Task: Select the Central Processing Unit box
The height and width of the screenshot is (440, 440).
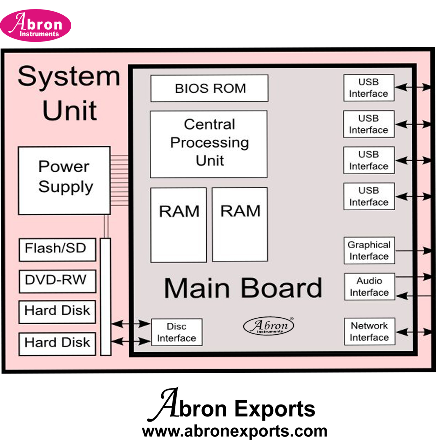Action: click(x=209, y=144)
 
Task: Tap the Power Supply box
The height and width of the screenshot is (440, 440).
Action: click(x=64, y=180)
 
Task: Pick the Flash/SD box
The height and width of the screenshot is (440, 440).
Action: click(x=57, y=249)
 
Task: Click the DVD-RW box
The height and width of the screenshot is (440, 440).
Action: click(x=57, y=281)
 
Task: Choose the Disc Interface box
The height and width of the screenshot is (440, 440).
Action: click(x=177, y=332)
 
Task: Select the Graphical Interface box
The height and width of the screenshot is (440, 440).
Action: click(x=369, y=251)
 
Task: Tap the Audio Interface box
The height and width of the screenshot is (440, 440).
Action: click(x=369, y=287)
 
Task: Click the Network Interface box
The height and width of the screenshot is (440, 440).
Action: click(x=369, y=332)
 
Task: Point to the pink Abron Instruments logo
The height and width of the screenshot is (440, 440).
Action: click(x=35, y=26)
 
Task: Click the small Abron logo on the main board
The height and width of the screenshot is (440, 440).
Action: click(x=268, y=326)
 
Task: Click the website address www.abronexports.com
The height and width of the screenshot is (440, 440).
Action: click(x=234, y=431)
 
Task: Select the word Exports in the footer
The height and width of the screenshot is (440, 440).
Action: click(x=275, y=409)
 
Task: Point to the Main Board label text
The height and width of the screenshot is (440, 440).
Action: click(x=243, y=288)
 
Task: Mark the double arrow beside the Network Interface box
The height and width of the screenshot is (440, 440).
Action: click(x=413, y=332)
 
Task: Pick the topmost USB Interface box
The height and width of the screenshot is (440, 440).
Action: click(x=368, y=88)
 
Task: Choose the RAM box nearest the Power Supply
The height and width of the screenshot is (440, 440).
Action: click(x=179, y=225)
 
